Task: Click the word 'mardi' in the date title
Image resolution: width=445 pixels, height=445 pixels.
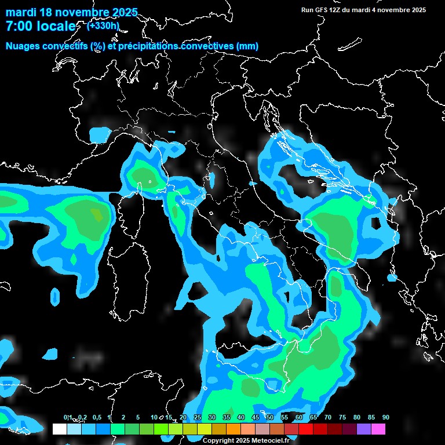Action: (21, 12)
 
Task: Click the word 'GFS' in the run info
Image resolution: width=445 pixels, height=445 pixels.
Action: (323, 10)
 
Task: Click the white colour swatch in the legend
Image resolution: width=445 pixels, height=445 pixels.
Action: (59, 429)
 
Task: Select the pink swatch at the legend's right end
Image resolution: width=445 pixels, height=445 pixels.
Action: (378, 429)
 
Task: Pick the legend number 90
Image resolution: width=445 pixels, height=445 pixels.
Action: (386, 418)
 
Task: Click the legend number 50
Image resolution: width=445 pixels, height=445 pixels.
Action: (270, 418)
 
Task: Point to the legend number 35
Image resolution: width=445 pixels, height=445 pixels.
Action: (227, 418)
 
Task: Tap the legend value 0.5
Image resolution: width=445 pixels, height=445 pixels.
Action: (96, 418)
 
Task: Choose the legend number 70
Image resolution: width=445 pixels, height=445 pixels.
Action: (328, 418)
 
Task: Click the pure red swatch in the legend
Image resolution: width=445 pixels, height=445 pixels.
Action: (306, 429)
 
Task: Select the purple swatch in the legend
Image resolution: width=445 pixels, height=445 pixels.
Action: (364, 429)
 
